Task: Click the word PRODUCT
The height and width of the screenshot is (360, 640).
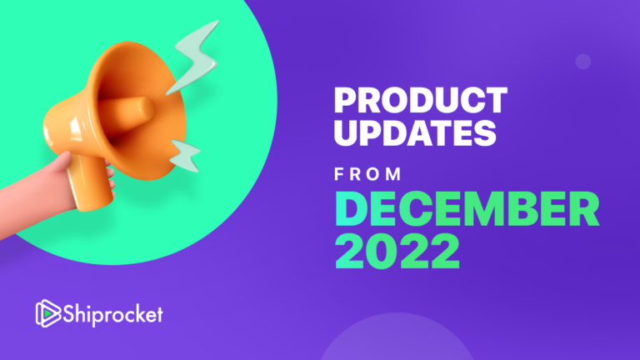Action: [420, 102]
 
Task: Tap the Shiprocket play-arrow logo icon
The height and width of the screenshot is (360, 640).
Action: [45, 313]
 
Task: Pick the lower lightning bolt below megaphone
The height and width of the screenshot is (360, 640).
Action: [185, 155]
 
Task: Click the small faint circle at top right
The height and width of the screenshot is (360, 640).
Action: [583, 61]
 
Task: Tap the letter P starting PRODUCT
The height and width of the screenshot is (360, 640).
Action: [345, 102]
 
